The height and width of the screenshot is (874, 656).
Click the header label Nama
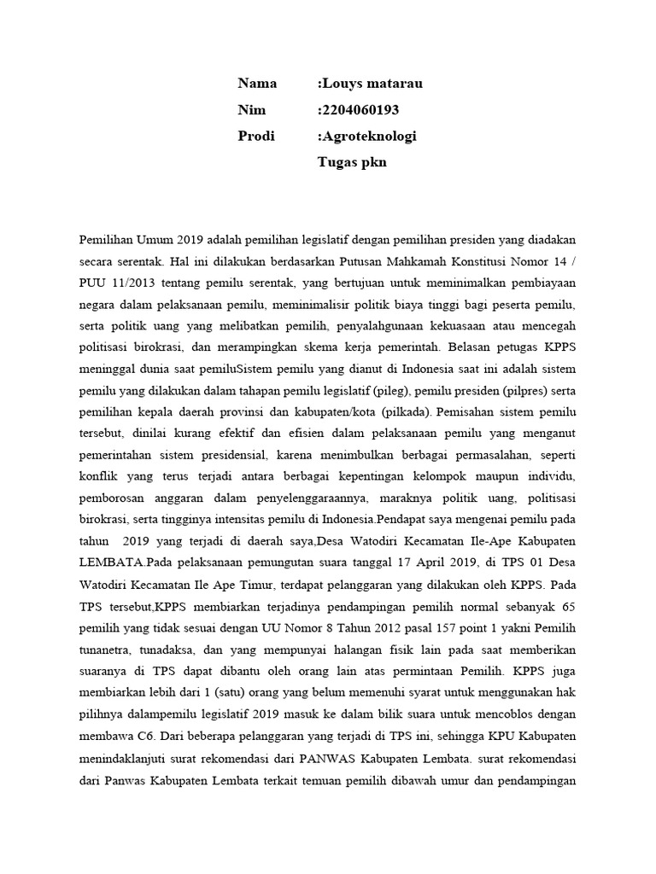pos(257,83)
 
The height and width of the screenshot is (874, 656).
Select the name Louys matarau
pos(371,83)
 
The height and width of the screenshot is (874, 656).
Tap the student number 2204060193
pos(360,109)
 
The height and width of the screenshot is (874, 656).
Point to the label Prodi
pos(256,136)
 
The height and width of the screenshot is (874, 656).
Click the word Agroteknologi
pos(368,136)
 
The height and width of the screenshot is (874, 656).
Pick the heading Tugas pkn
pos(352,162)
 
